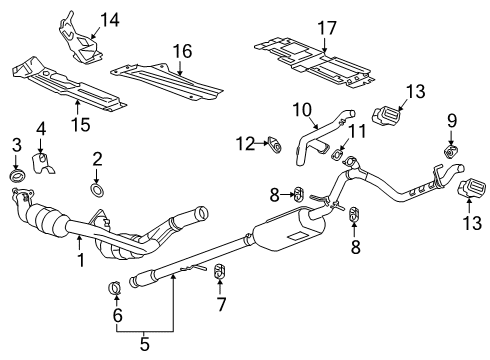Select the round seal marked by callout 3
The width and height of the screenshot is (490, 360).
tap(17, 179)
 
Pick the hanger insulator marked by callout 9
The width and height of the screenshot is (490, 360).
tap(449, 151)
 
